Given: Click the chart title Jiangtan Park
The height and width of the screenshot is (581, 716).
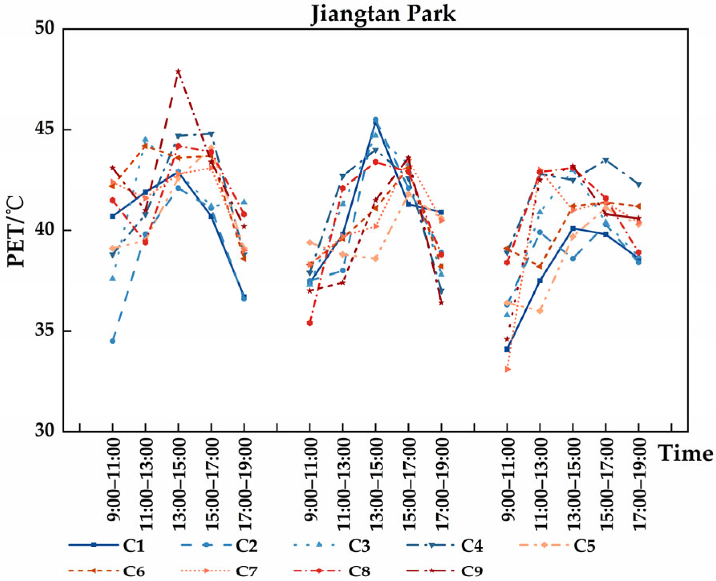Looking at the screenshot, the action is pyautogui.click(x=383, y=14).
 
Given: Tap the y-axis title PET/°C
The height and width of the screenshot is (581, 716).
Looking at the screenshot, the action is pyautogui.click(x=16, y=232).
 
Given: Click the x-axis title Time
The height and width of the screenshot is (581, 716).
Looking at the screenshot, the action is pyautogui.click(x=686, y=454).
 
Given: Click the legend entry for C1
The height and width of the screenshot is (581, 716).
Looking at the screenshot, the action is pyautogui.click(x=106, y=545).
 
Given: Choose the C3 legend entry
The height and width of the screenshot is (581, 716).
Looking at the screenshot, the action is pyautogui.click(x=332, y=545).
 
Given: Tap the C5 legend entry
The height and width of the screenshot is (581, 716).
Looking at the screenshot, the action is pyautogui.click(x=558, y=545).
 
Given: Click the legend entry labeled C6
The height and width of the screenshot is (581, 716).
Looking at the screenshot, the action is pyautogui.click(x=106, y=571).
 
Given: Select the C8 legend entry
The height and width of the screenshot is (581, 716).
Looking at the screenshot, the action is pyautogui.click(x=332, y=571).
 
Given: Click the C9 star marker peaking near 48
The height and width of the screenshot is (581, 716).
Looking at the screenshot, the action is pyautogui.click(x=178, y=71).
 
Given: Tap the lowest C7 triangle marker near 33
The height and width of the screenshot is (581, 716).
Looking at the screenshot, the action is pyautogui.click(x=508, y=369).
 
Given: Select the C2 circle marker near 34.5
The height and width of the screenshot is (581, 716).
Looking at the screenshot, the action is pyautogui.click(x=113, y=341).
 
